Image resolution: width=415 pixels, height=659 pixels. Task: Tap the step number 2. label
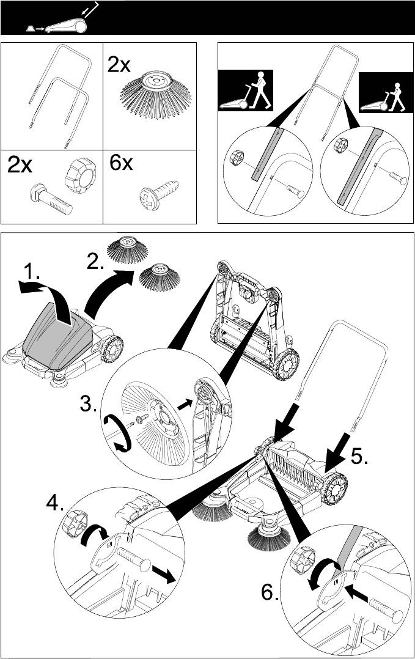point(97,262)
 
